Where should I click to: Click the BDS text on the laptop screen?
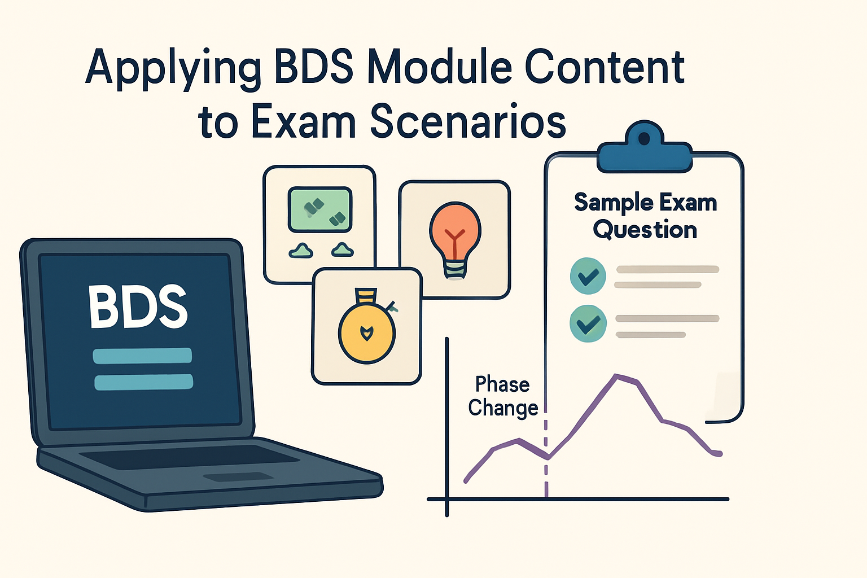138,307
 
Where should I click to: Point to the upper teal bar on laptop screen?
142,356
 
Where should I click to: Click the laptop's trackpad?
238,477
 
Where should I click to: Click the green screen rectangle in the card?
320,209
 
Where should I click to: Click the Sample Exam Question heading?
645,216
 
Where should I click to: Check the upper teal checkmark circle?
588,276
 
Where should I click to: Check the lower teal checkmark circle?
588,323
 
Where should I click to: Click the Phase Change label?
502,396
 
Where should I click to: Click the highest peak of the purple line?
616,375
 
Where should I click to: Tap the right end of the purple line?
720,453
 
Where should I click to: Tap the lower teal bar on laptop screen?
143,382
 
